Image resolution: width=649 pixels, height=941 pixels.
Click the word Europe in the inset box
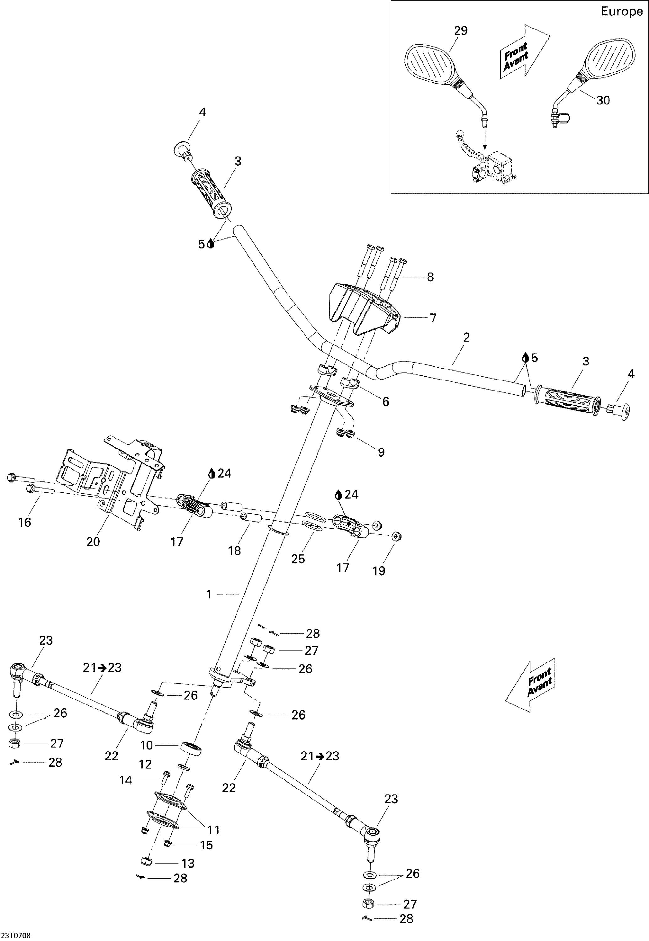(621, 11)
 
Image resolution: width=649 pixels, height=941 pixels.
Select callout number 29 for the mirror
(461, 30)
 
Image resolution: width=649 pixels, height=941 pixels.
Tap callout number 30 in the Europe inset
(603, 100)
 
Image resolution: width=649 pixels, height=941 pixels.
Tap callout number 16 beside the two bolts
(25, 522)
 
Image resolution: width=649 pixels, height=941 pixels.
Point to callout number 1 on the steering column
(209, 594)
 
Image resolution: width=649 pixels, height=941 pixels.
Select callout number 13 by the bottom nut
(188, 863)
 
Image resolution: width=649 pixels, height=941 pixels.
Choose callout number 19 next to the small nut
(379, 571)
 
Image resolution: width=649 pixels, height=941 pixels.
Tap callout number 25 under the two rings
(298, 559)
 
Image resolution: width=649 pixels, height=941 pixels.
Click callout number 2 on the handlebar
(466, 337)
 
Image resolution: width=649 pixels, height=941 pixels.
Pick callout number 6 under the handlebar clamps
(385, 401)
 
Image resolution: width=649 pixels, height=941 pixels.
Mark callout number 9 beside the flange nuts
(381, 452)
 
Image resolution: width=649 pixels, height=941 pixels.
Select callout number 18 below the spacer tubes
(234, 550)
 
